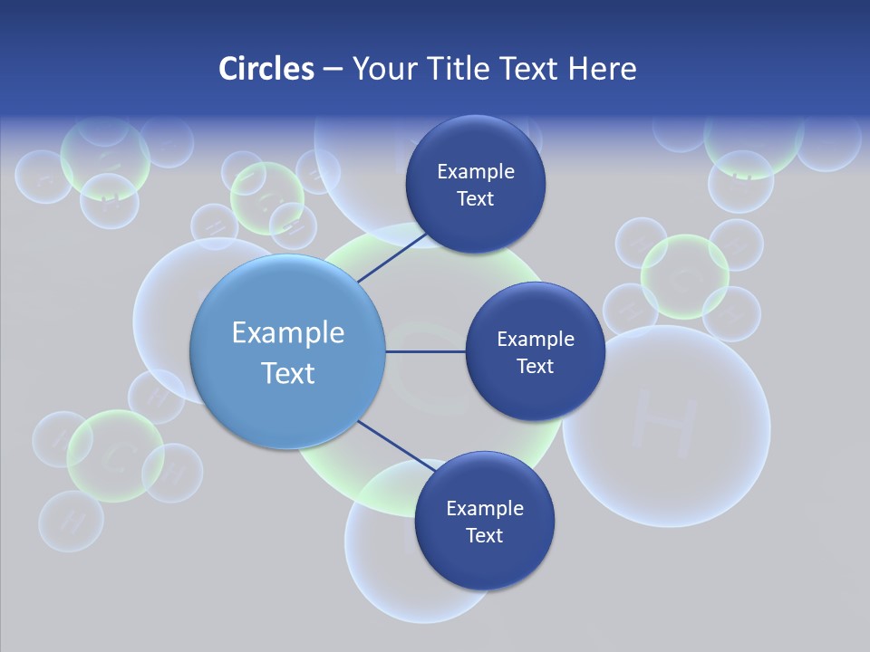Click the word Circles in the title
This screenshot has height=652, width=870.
click(266, 69)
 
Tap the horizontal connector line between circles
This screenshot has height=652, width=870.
click(426, 351)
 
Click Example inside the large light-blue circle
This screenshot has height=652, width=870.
click(288, 332)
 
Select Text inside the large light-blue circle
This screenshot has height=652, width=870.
click(288, 373)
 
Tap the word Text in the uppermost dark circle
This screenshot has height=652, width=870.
click(476, 198)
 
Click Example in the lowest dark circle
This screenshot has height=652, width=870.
click(485, 508)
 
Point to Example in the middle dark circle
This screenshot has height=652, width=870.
click(536, 339)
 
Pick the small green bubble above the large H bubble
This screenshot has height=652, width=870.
click(685, 276)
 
